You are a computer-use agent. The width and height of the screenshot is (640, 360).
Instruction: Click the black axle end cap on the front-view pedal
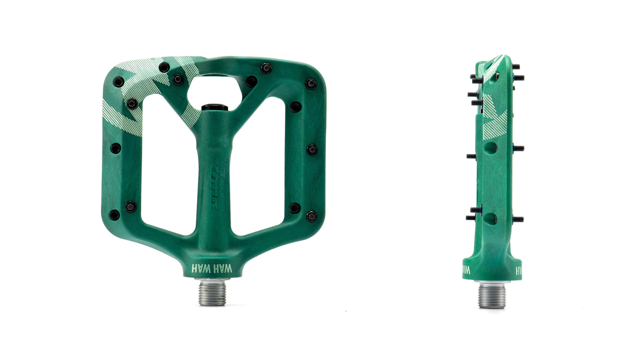click(214, 107)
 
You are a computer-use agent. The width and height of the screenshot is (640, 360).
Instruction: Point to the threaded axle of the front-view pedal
click(212, 292)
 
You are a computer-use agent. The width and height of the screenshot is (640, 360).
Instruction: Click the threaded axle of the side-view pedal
click(492, 295)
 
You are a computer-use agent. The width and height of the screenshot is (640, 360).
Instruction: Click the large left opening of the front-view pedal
click(169, 164)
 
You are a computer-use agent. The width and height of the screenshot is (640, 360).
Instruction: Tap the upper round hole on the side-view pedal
click(490, 147)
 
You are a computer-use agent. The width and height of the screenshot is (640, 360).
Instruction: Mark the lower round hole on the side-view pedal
click(490, 218)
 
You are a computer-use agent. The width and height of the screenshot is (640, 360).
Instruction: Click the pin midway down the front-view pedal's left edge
click(115, 148)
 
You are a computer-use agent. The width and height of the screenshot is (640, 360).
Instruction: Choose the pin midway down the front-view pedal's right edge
click(311, 150)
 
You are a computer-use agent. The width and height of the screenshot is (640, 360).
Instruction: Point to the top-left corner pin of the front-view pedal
click(118, 82)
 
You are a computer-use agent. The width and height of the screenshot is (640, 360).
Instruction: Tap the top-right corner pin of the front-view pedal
click(310, 84)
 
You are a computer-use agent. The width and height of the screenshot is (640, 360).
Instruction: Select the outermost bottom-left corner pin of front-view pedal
click(114, 215)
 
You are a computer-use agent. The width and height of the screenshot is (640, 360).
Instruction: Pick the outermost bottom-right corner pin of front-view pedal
click(311, 216)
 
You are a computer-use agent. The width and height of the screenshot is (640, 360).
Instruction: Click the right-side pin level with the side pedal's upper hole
click(518, 148)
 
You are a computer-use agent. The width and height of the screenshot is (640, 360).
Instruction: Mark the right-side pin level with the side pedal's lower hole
click(518, 219)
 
